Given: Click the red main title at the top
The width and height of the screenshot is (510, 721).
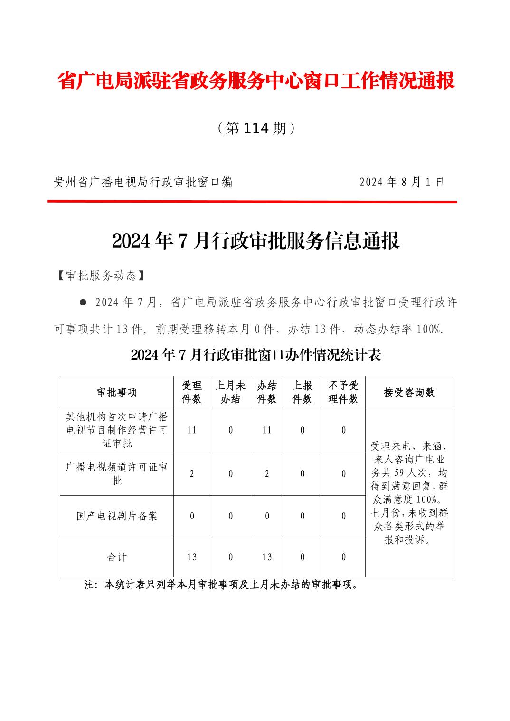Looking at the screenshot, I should point(256,81).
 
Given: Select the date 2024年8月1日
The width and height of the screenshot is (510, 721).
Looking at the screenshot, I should point(402,182).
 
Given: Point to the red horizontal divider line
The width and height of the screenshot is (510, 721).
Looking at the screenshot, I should point(252,202).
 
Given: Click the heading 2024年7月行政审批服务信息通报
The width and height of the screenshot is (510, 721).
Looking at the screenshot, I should point(256,241).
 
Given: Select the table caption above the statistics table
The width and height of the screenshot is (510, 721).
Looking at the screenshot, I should point(256,355).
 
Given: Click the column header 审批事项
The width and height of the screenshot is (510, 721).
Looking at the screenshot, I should point(117,392).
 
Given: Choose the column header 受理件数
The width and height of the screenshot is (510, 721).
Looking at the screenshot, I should point(192,392).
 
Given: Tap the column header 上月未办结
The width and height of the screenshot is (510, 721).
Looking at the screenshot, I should point(230,392).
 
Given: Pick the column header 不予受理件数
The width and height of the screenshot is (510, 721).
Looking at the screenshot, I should point(343,392).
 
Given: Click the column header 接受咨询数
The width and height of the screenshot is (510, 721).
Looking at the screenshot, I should point(409,392).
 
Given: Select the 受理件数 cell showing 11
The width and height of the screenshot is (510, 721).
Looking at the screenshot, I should point(192,430).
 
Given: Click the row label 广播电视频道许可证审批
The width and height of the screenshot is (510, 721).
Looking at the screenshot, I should point(117,473).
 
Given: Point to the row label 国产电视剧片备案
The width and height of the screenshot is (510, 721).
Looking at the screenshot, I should point(117,516).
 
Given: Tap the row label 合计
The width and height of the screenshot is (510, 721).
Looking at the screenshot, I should point(117,557).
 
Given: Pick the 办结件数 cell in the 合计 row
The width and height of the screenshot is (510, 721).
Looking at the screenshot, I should point(267,557).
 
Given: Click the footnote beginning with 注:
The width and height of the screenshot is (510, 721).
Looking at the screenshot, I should point(221,585).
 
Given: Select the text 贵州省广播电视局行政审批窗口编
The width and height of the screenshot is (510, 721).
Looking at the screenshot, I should point(143,182).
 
